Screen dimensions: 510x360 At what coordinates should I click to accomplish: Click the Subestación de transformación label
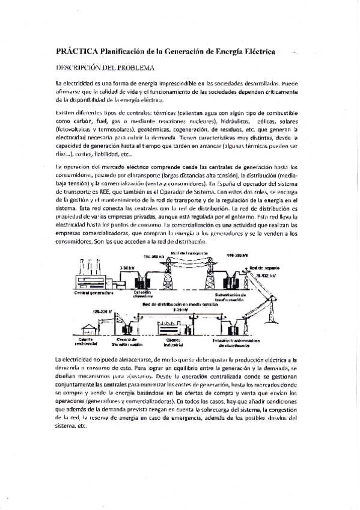235,296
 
